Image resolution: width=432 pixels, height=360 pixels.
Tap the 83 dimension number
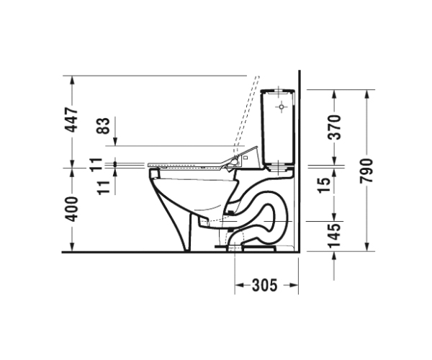point(103,125)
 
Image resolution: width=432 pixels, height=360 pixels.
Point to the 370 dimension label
point(336,127)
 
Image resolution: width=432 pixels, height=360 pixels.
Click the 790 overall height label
point(366,171)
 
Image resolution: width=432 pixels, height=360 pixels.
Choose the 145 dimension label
point(336,235)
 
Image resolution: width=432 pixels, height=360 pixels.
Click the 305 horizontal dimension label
point(264,285)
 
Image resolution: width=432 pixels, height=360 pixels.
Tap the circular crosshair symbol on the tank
point(282,107)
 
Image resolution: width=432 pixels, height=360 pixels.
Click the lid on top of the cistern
point(278,91)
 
